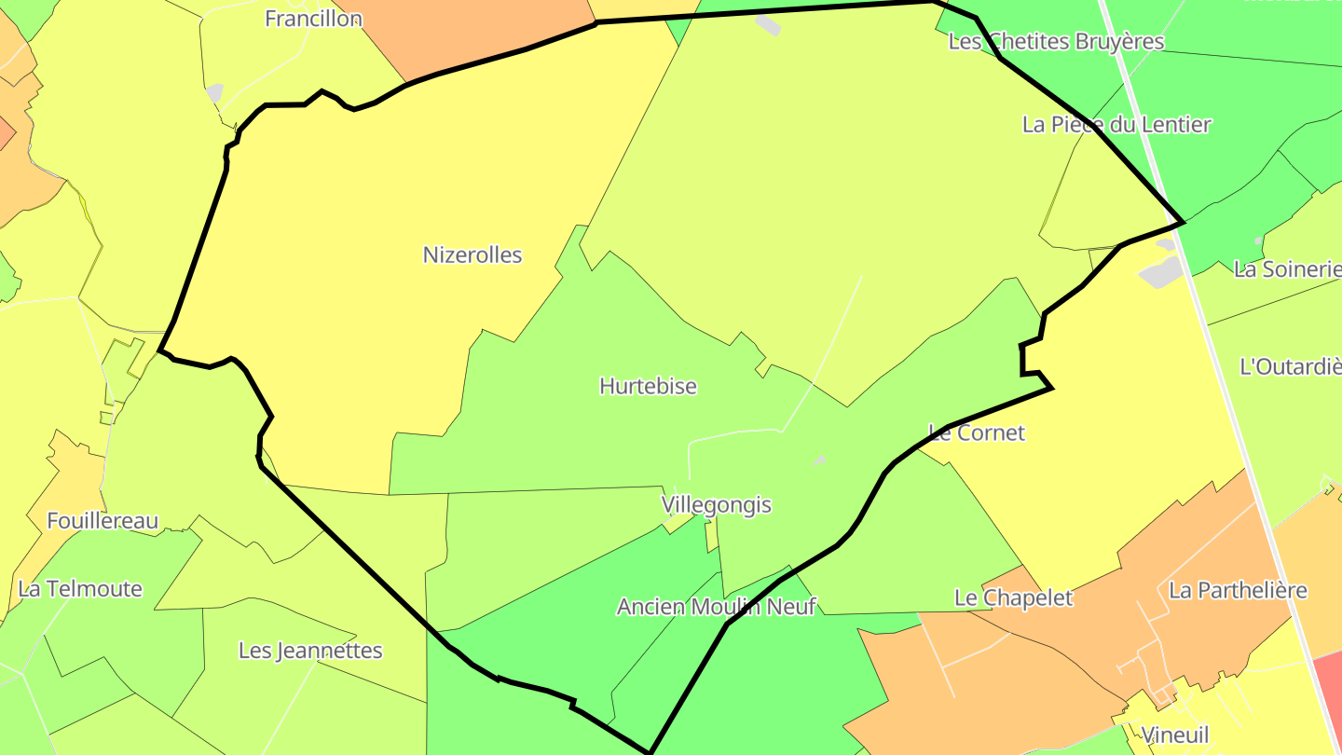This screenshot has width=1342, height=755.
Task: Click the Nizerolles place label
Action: [472, 254]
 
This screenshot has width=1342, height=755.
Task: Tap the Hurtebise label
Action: [648, 386]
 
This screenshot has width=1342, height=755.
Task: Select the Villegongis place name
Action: [717, 504]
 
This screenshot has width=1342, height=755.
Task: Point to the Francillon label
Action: [313, 18]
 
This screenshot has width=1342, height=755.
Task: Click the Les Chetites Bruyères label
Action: [1056, 41]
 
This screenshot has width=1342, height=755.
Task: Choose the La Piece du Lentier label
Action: [1116, 124]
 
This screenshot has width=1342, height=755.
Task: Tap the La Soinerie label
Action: [1287, 269]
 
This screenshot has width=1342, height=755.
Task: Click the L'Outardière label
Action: [1291, 366]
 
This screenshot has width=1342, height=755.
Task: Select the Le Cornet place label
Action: [977, 432]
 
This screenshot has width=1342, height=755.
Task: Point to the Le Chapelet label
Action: [1013, 597]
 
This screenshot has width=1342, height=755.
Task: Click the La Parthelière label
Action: [1238, 590]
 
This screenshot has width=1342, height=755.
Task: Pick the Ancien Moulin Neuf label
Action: [716, 607]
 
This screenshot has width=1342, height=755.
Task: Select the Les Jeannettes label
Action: [310, 650]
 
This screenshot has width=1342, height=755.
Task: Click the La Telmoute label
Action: [80, 588]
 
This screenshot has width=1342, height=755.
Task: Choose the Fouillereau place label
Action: [103, 521]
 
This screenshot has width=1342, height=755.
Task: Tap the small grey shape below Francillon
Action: [214, 92]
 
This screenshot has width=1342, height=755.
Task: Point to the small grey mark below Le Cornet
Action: [819, 460]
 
